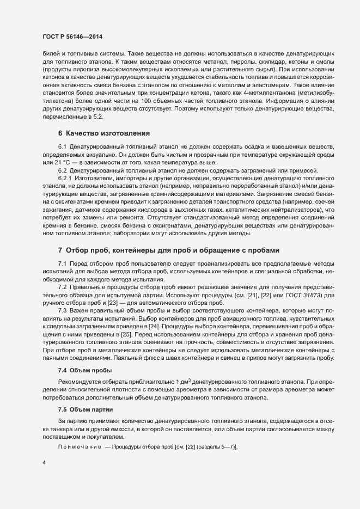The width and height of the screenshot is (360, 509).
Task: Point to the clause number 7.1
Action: coord(62,263)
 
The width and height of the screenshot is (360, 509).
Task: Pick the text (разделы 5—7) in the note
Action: coord(216,446)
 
